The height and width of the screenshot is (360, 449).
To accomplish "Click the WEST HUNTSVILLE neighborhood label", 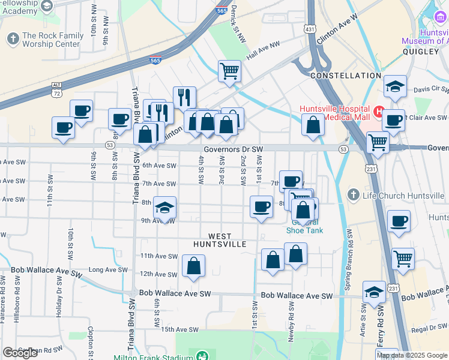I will [220, 240].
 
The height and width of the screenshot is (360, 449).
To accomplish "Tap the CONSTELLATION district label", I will [345, 76].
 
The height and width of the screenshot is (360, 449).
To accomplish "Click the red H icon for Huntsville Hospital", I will [379, 111].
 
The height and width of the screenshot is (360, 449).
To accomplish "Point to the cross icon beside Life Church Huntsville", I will [354, 196].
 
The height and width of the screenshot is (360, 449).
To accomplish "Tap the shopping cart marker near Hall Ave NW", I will [229, 71].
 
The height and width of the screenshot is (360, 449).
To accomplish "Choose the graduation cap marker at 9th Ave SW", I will [165, 208].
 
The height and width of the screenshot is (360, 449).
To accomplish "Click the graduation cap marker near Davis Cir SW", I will [395, 86].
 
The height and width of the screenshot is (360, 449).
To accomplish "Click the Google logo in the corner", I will [20, 353].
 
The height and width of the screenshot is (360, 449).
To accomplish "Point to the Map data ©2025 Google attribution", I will [412, 355].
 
